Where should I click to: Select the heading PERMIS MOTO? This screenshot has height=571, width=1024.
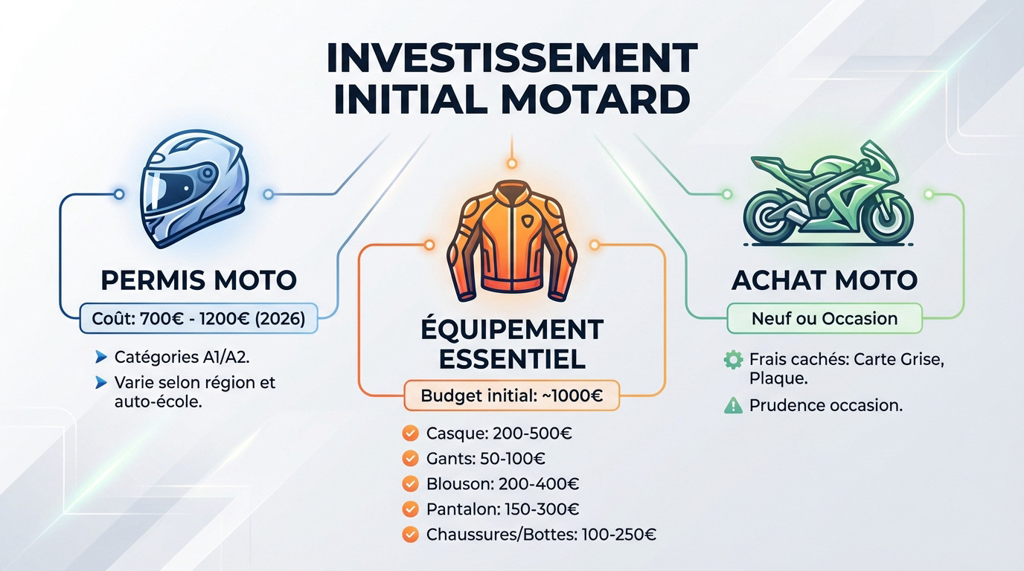pyautogui.click(x=198, y=280)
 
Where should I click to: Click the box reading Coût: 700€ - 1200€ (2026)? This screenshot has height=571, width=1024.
pyautogui.click(x=198, y=319)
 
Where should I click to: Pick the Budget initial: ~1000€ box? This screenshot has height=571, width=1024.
pyautogui.click(x=511, y=396)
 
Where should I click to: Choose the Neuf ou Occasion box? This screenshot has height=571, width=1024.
pyautogui.click(x=825, y=319)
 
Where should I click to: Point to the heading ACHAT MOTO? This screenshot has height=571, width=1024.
pyautogui.click(x=824, y=280)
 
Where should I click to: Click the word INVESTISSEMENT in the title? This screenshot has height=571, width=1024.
pyautogui.click(x=512, y=57)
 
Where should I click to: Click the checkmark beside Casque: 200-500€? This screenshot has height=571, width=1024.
pyautogui.click(x=409, y=433)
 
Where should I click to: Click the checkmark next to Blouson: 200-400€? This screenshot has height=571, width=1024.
pyautogui.click(x=409, y=484)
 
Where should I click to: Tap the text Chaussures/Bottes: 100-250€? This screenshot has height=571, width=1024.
pyautogui.click(x=541, y=535)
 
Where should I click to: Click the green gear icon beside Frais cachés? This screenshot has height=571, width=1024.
pyautogui.click(x=733, y=361)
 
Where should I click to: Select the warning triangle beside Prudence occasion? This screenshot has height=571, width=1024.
pyautogui.click(x=733, y=406)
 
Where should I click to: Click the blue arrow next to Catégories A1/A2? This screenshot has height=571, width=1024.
pyautogui.click(x=102, y=358)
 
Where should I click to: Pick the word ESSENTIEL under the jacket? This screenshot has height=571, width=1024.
pyautogui.click(x=511, y=359)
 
